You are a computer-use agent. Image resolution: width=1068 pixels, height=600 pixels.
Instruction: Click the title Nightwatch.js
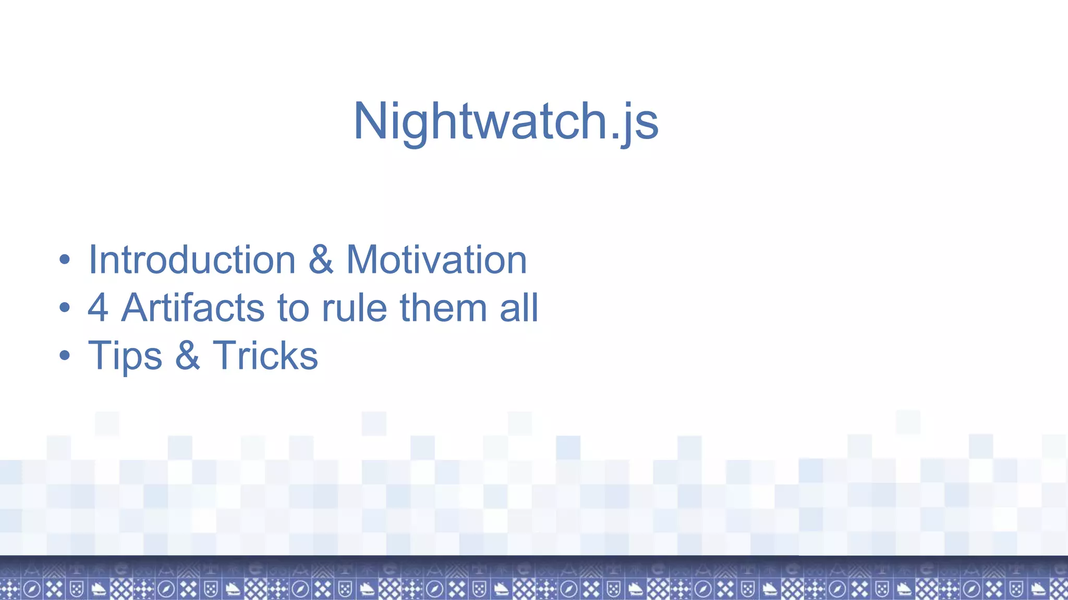(x=506, y=121)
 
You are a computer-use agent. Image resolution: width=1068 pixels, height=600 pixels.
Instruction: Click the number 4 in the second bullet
(x=98, y=308)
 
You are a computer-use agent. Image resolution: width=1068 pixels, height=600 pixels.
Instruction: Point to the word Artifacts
(x=193, y=308)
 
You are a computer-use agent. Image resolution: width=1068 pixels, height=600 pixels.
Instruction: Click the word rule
(x=354, y=308)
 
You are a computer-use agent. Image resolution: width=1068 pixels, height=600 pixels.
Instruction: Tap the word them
(x=443, y=308)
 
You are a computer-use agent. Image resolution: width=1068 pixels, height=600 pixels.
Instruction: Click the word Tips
(x=125, y=356)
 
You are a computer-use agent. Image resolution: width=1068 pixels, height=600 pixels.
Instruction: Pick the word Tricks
(x=265, y=355)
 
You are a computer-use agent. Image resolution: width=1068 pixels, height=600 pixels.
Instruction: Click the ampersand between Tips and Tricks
(x=187, y=355)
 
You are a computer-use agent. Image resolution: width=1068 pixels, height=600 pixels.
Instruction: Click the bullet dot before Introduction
(x=64, y=259)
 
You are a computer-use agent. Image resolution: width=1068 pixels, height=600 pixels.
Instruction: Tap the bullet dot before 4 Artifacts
(x=64, y=308)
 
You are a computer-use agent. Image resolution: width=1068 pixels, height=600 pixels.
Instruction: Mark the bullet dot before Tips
(x=64, y=356)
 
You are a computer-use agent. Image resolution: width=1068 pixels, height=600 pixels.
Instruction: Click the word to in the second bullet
(x=295, y=308)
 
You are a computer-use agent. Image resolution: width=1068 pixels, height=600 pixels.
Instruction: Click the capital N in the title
(x=369, y=121)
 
